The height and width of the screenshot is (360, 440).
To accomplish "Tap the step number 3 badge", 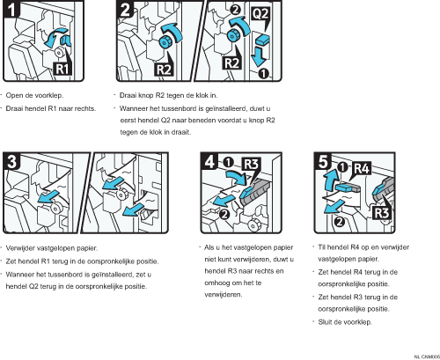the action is click(11, 161).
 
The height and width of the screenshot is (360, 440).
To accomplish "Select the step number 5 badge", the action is click(323, 161).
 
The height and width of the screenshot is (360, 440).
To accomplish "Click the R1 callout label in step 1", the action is click(62, 70).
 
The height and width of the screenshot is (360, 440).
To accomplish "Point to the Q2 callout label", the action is click(260, 13).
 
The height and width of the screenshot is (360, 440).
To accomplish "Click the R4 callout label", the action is click(362, 168).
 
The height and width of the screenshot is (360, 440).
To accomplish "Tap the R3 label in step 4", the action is click(251, 165).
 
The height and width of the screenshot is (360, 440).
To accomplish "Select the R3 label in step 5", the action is click(382, 212).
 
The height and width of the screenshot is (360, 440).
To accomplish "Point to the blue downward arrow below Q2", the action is click(259, 57).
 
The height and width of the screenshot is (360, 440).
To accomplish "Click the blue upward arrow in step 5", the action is click(329, 180).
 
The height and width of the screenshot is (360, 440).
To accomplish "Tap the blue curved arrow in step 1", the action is click(54, 37).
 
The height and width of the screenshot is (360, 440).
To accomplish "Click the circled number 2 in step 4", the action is click(224, 214).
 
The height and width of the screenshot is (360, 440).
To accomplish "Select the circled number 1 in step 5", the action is click(342, 167).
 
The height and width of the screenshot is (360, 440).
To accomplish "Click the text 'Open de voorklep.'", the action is click(34, 95).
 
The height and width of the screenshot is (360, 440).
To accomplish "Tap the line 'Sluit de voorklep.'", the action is click(345, 322).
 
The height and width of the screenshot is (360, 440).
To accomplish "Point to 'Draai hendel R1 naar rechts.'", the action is click(51, 108).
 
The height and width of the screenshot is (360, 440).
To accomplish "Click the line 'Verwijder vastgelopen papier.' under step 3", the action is click(52, 248).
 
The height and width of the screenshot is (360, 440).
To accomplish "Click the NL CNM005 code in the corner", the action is click(427, 356).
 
